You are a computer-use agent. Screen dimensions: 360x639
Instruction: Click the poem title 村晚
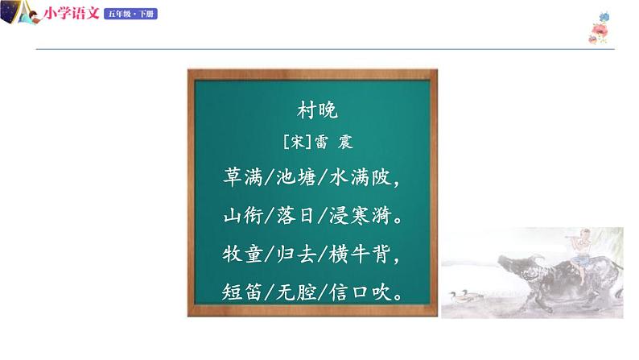point(311,110)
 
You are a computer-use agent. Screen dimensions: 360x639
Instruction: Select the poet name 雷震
point(331,143)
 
